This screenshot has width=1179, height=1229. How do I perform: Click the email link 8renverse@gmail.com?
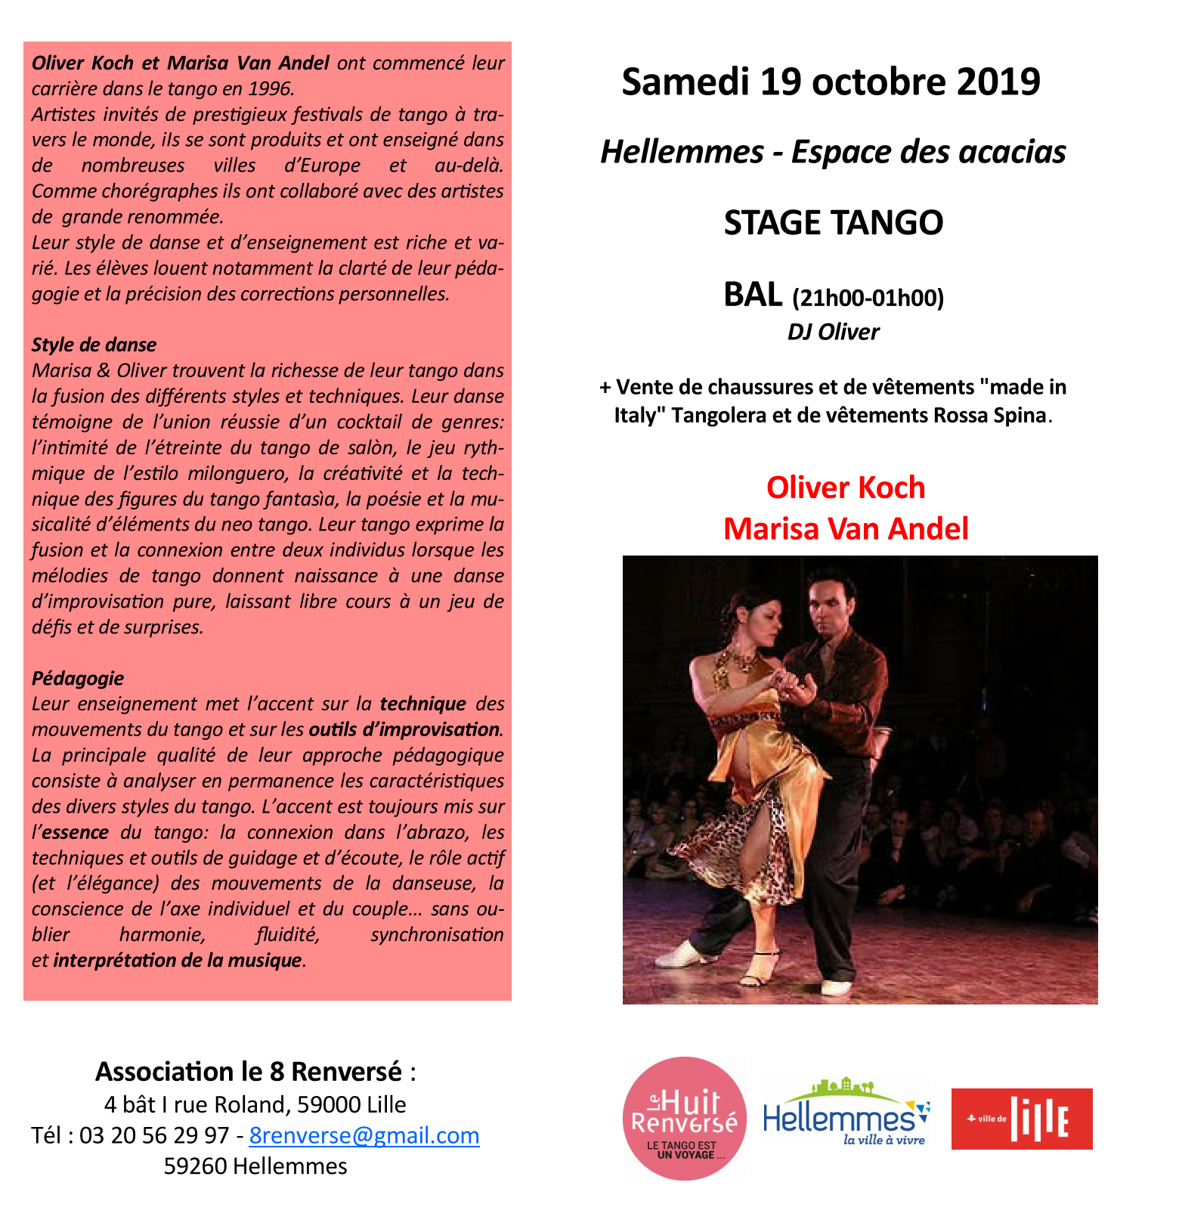[364, 1135]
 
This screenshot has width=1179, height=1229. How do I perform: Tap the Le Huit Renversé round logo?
[684, 1119]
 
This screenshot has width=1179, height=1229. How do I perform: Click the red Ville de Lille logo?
[1022, 1119]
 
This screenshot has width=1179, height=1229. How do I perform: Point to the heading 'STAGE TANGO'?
[833, 223]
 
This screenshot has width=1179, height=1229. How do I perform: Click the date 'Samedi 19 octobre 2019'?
[831, 82]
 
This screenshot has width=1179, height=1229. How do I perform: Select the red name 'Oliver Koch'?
[845, 488]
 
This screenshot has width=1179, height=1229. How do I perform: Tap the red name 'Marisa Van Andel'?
[845, 528]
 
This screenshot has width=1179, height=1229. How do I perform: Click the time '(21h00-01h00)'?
[868, 299]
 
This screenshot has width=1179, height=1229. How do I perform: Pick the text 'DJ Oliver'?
[833, 332]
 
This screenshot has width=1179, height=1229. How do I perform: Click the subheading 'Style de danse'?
[94, 345]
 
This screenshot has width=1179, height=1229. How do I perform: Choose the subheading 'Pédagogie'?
[77, 678]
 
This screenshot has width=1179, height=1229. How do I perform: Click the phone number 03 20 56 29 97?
[153, 1135]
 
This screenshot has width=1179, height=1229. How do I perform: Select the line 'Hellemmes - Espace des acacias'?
[833, 152]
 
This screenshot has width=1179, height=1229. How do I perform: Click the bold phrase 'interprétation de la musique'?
[178, 960]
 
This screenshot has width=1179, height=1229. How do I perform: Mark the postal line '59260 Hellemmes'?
[255, 1166]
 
